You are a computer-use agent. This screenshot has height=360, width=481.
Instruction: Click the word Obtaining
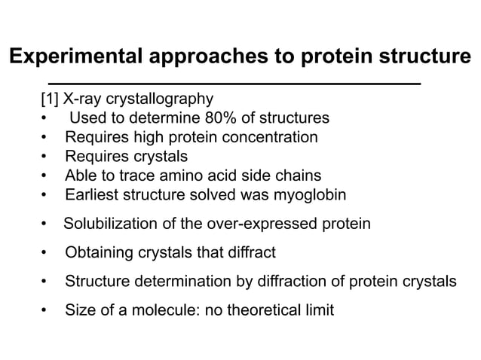[97, 252]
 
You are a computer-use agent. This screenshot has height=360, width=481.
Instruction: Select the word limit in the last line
[318, 310]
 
